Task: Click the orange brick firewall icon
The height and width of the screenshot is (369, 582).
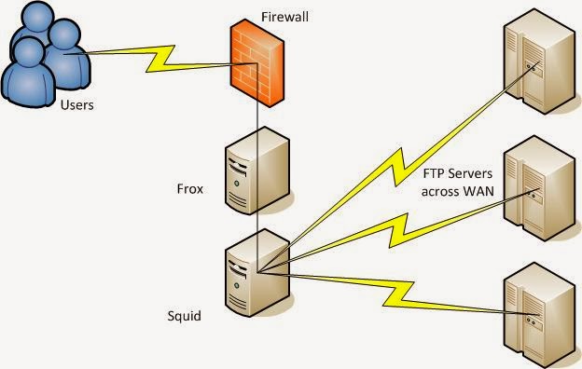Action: (256, 57)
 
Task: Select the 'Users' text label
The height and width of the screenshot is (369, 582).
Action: (76, 104)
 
